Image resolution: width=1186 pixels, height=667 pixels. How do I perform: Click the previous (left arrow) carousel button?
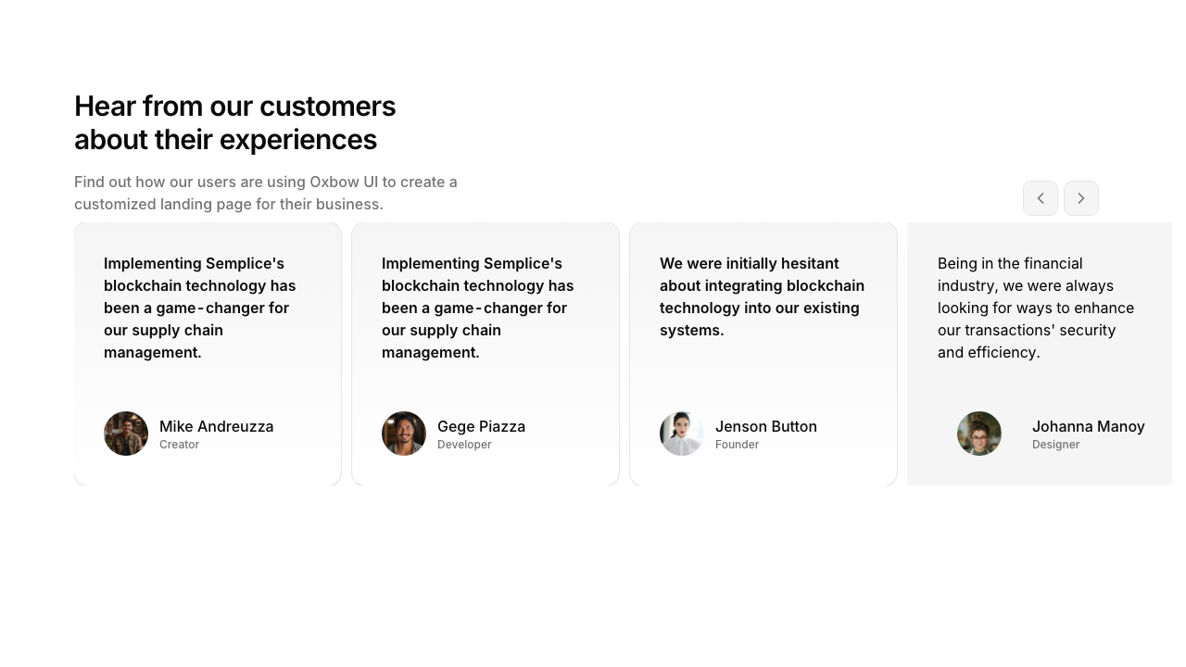point(1040,198)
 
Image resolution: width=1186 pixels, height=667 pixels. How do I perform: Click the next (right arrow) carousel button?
point(1080,198)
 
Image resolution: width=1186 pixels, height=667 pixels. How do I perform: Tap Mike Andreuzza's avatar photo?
point(126,434)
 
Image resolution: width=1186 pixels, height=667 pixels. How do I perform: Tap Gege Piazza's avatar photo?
point(404,434)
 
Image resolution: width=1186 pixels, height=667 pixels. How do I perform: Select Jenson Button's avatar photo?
point(682,434)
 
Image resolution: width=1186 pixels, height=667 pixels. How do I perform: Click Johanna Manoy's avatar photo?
point(979,434)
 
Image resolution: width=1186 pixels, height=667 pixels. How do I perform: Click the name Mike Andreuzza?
point(216,426)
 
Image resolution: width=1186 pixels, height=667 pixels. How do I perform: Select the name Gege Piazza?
point(481,426)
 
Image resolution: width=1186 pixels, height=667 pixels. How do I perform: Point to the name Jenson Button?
point(765,426)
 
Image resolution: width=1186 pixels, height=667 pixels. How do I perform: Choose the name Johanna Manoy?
point(1088,426)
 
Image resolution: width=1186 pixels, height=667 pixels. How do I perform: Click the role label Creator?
point(179,445)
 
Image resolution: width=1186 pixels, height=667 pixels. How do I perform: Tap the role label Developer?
point(464,445)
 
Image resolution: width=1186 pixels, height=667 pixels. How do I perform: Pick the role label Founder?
point(737,445)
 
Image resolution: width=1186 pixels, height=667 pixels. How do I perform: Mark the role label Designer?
point(1055,445)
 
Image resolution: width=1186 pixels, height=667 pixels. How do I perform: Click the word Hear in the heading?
point(105,107)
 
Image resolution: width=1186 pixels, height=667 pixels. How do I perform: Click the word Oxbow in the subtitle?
point(332,182)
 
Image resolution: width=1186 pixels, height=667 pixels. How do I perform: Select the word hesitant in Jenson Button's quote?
point(808,263)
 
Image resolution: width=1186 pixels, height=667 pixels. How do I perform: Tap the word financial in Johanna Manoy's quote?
point(1050,263)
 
